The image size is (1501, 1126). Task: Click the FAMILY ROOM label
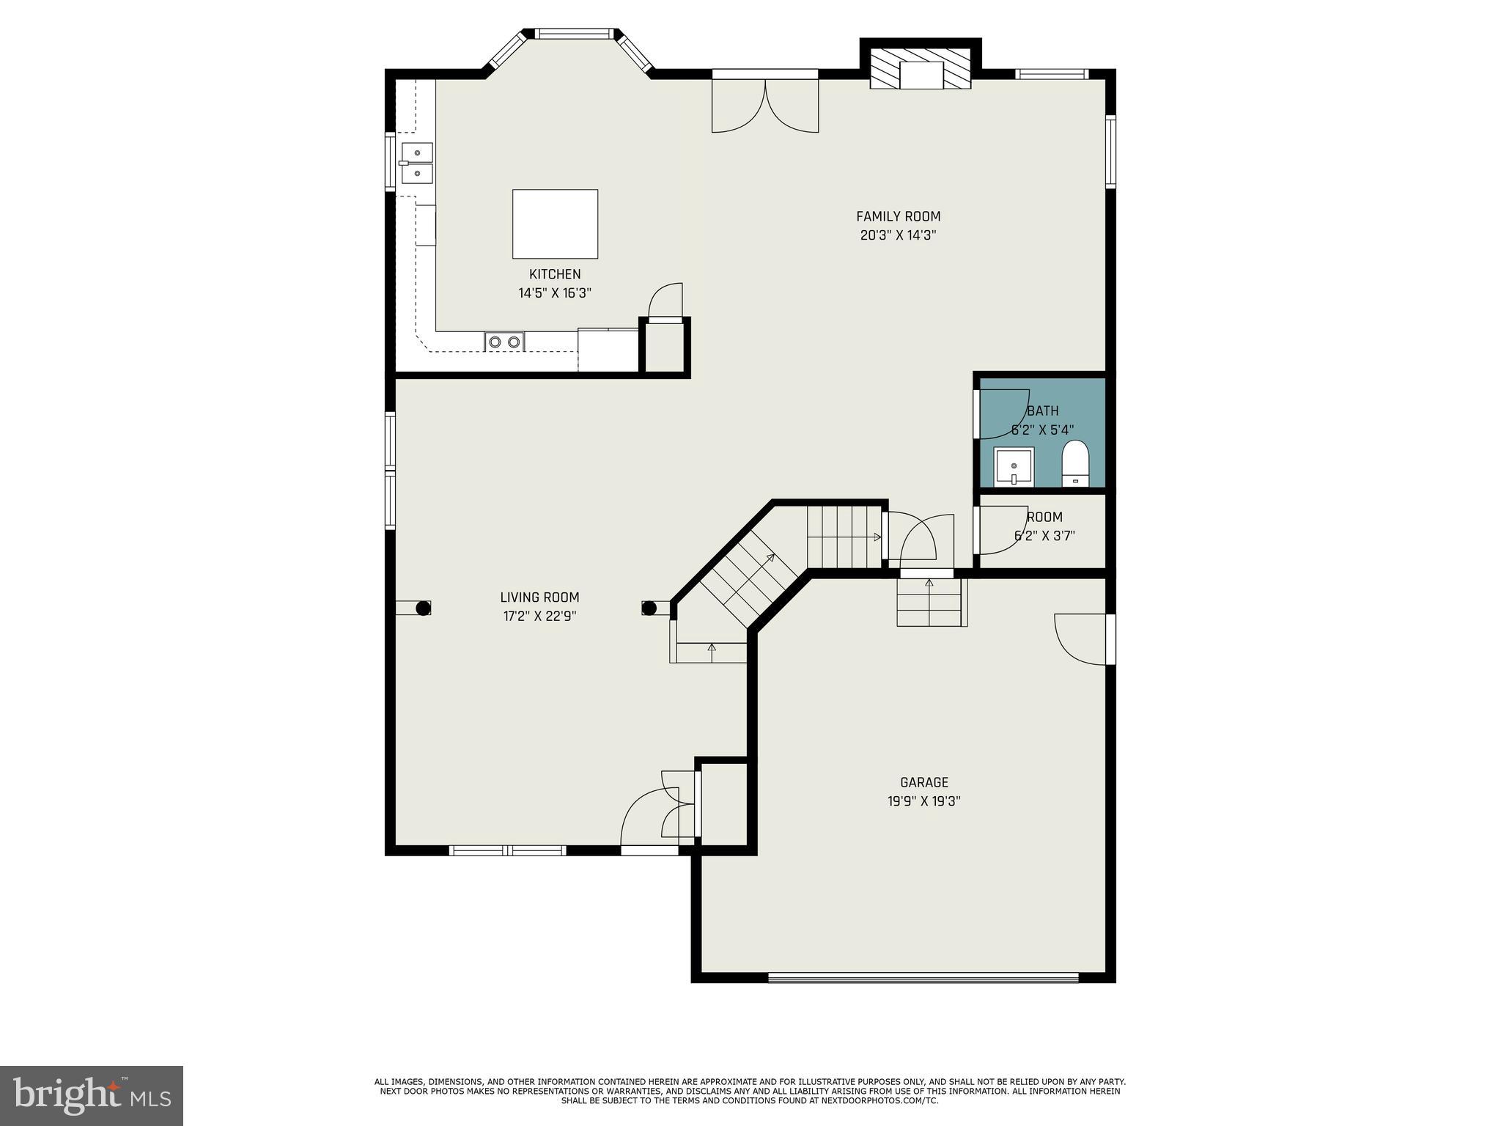pyautogui.click(x=898, y=216)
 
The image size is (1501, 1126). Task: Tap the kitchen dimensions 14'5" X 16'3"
pyautogui.click(x=555, y=293)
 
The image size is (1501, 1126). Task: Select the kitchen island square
pyautogui.click(x=555, y=224)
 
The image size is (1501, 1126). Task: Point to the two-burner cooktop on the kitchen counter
pyautogui.click(x=504, y=342)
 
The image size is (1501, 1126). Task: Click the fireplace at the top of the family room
pyautogui.click(x=921, y=70)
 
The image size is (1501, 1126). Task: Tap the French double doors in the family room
pyautogui.click(x=765, y=106)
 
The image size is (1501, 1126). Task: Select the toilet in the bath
pyautogui.click(x=1075, y=463)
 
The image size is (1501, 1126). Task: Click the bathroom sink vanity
pyautogui.click(x=1014, y=467)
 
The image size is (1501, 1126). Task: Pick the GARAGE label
pyautogui.click(x=924, y=782)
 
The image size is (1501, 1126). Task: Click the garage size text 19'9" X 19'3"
pyautogui.click(x=924, y=801)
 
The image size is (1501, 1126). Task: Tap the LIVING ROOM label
pyautogui.click(x=539, y=597)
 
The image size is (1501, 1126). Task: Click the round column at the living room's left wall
pyautogui.click(x=423, y=608)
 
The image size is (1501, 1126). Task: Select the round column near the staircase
pyautogui.click(x=649, y=608)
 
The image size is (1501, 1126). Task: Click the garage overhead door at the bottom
pyautogui.click(x=923, y=977)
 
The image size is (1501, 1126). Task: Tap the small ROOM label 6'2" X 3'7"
pyautogui.click(x=1044, y=526)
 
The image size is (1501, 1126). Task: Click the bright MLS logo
pyautogui.click(x=91, y=1096)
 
